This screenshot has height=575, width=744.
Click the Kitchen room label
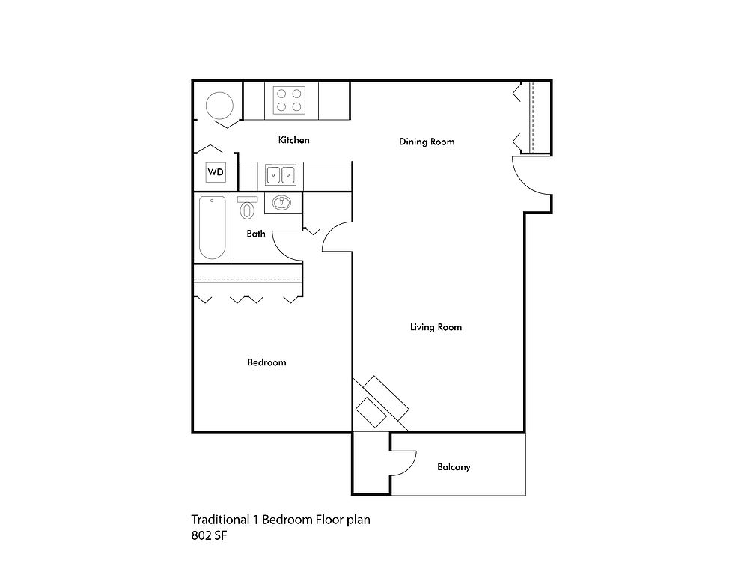pos(293,140)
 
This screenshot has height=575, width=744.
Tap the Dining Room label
pos(427,142)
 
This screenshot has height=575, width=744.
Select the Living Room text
pos(436,327)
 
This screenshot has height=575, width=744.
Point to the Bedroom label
pos(266,362)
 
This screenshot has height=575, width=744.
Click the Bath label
pos(256,234)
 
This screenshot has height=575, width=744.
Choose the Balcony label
pos(454,467)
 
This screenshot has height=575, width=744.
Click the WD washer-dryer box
pos(216,173)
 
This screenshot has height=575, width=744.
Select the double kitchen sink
pos(281,176)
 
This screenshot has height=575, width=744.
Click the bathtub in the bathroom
pos(212,227)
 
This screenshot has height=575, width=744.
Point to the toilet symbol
pos(247,207)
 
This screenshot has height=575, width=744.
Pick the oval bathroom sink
pos(282,202)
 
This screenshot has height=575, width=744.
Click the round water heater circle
pos(221,105)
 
